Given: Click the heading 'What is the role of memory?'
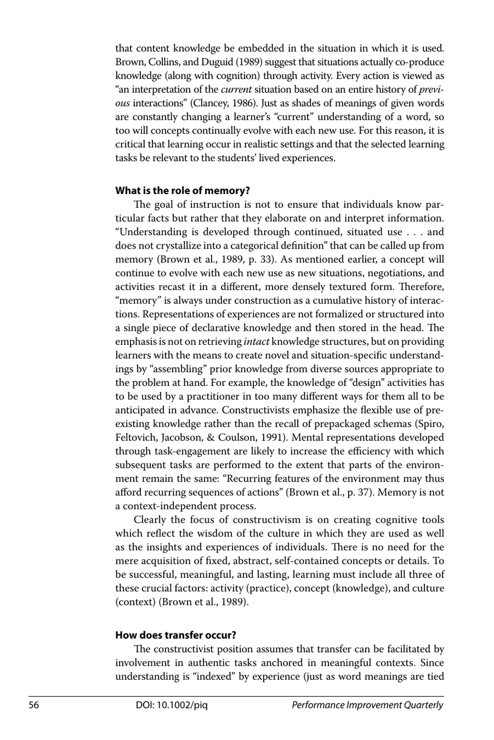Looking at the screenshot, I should click(183, 191).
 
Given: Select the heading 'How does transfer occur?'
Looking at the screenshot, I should click(176, 635).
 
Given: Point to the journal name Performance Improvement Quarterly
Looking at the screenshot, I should click(367, 705).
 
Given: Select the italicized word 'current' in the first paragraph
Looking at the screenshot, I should click(236, 89).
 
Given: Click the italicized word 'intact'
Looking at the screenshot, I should click(256, 342).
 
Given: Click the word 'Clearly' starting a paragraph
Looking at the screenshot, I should click(150, 520).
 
